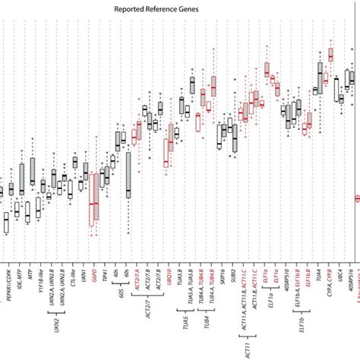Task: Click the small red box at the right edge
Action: point(357,198)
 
